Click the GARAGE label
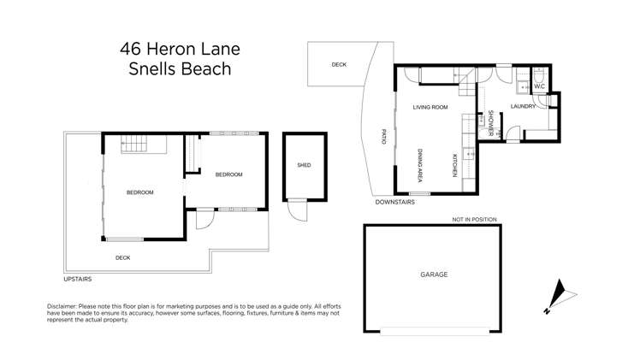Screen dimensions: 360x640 pyautogui.click(x=434, y=274)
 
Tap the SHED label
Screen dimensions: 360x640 pyautogui.click(x=304, y=165)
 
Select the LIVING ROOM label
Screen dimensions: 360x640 pyautogui.click(x=430, y=107)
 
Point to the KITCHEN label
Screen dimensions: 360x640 pyautogui.click(x=454, y=165)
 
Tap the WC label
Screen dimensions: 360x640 pyautogui.click(x=540, y=87)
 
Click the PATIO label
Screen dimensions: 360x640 pyautogui.click(x=384, y=136)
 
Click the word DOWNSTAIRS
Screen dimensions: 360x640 pyautogui.click(x=394, y=203)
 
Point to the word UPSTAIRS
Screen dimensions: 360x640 pyautogui.click(x=77, y=279)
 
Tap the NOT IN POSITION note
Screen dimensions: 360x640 pyautogui.click(x=475, y=220)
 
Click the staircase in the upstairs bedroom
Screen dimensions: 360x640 pyautogui.click(x=134, y=146)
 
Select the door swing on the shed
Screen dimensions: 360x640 pyautogui.click(x=296, y=210)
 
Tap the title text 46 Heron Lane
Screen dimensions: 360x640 pyautogui.click(x=177, y=49)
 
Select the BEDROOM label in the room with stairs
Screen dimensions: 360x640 pyautogui.click(x=139, y=192)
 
